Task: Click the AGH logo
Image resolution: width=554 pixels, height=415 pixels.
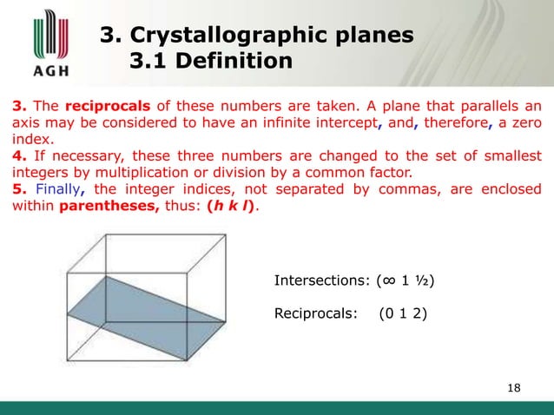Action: (41, 43)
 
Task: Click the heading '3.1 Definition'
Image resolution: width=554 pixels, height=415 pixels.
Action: (209, 62)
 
